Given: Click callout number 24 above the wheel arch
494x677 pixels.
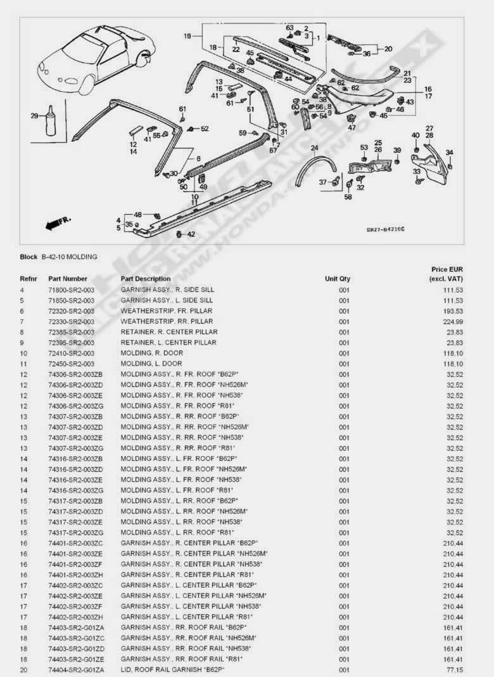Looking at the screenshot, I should click(x=314, y=148).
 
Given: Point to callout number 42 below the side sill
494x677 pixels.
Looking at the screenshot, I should click(x=191, y=234).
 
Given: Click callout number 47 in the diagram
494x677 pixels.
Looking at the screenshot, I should click(x=351, y=127).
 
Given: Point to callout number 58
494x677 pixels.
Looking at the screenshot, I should click(x=348, y=198).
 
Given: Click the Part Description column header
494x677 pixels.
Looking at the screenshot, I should click(x=146, y=279).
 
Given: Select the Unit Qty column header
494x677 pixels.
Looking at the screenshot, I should click(x=338, y=279).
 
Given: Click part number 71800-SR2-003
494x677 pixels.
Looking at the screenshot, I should click(x=71, y=289).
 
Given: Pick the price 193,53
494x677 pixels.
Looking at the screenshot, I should click(x=453, y=311).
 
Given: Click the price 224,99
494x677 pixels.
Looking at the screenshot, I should click(x=453, y=321).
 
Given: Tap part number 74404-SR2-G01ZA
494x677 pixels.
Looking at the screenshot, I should click(x=76, y=669).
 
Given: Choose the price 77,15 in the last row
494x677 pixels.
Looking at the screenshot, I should click(x=455, y=669).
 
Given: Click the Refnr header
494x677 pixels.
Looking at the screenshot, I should click(x=28, y=279).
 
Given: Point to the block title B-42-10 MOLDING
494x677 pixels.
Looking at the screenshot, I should click(x=70, y=257).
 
